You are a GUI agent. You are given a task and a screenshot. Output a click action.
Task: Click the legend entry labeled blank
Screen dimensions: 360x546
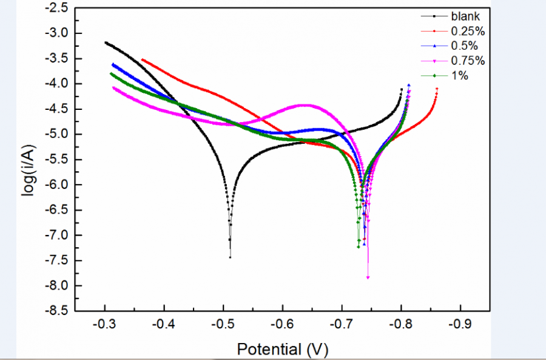tap(465, 16)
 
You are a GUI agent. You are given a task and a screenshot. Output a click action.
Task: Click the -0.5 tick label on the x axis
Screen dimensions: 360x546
tap(224, 324)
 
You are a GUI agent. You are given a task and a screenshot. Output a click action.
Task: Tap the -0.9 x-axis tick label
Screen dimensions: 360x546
tap(460, 324)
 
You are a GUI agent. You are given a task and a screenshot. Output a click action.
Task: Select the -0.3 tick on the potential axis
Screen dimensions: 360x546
tap(105, 324)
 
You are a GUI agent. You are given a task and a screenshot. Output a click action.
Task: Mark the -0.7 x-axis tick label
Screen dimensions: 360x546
tap(342, 324)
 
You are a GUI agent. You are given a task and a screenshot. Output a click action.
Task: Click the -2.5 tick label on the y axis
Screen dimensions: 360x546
tap(56, 8)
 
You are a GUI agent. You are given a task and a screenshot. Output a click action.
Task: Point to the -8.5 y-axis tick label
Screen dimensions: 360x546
tap(56, 311)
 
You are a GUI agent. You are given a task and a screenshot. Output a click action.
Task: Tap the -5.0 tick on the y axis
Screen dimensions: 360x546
tap(56, 134)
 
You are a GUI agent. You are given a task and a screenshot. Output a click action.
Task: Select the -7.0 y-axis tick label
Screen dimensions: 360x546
tap(56, 235)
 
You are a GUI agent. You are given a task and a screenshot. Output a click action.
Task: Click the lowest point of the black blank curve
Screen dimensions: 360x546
tap(230, 257)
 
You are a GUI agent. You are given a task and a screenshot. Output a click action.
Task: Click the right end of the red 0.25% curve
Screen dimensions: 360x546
tap(437, 89)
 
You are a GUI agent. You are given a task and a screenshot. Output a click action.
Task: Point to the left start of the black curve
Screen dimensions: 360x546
tap(106, 42)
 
